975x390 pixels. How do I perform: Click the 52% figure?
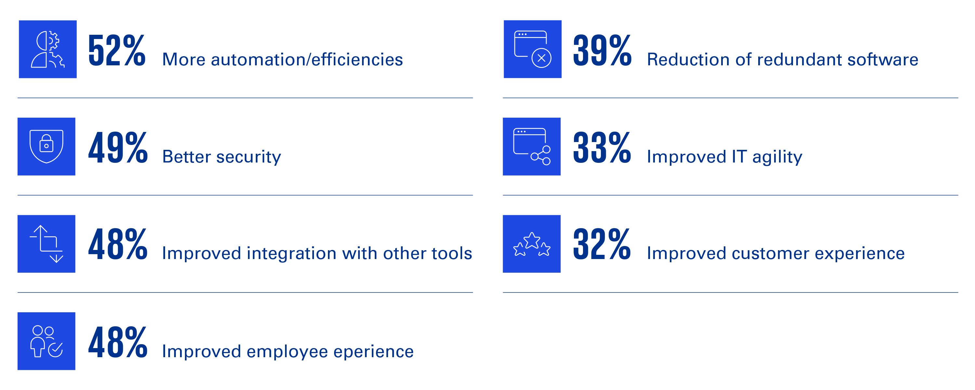[x=117, y=50]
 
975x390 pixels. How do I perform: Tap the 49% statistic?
[x=118, y=148]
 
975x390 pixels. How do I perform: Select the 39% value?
[x=602, y=50]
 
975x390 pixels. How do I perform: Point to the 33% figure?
[x=602, y=148]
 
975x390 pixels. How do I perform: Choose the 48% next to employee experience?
[x=118, y=342]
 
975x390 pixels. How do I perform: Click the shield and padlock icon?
[x=46, y=147]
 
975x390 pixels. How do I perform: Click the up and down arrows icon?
[x=46, y=244]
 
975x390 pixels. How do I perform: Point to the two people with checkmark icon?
[x=46, y=341]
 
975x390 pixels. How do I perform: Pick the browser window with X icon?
[x=533, y=49]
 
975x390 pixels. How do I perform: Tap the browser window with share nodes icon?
[x=532, y=147]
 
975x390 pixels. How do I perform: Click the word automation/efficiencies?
[x=307, y=59]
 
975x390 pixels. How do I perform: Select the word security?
[x=249, y=157]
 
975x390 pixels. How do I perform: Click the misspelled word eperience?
[x=373, y=352]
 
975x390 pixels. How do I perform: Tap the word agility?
[x=777, y=157]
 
